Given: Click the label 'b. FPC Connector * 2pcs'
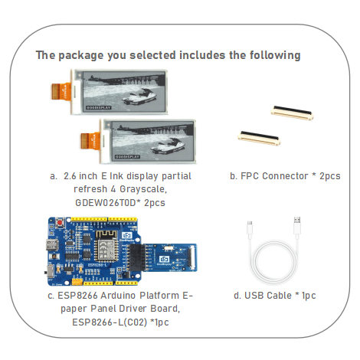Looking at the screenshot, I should pos(285,176).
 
